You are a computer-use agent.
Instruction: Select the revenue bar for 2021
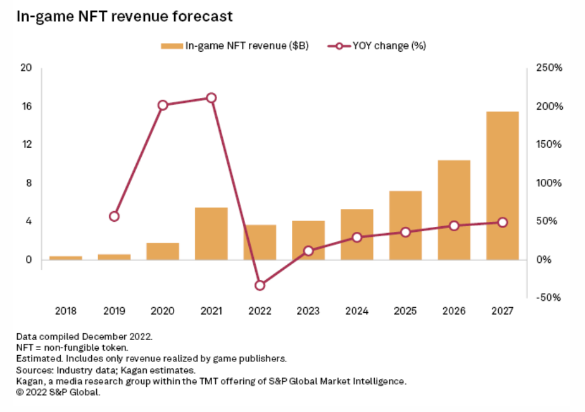211,233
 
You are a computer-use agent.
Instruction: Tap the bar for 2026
454,210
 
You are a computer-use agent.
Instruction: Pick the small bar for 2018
65,257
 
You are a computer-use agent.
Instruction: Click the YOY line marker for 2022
260,285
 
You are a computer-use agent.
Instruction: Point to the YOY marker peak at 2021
211,98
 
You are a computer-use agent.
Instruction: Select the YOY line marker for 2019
114,216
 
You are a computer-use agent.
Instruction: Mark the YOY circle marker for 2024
357,237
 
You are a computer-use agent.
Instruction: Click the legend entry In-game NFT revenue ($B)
235,45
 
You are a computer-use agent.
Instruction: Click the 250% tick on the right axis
550,68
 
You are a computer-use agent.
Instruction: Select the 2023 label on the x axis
308,310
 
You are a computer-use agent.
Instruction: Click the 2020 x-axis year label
163,310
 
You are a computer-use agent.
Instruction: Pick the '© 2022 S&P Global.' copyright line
58,392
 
